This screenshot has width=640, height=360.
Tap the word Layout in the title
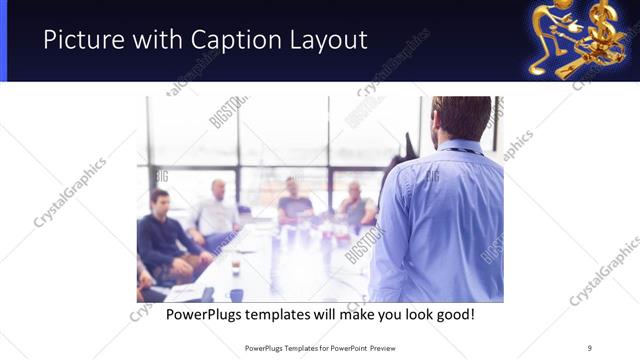point(327,40)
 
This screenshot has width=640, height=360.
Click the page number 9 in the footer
point(589,347)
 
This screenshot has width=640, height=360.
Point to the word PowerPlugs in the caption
point(206,314)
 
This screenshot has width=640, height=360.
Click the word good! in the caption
point(453,314)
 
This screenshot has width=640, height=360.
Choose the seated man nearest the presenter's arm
point(355,204)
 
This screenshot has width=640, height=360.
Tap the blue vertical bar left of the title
point(3,40)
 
